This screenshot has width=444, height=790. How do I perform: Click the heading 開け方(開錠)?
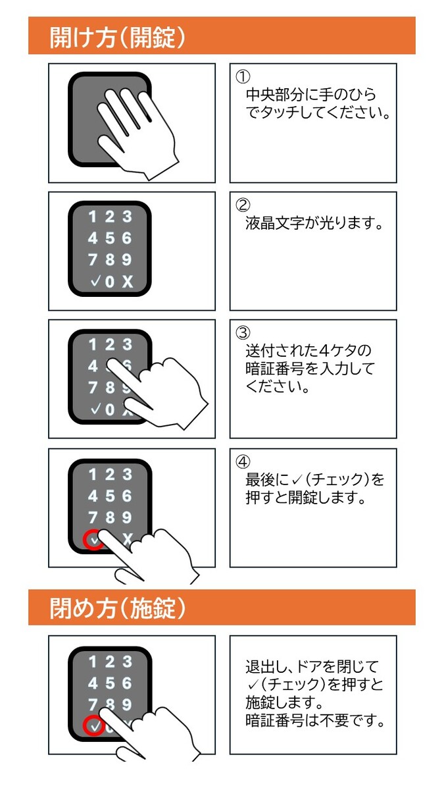pos(117,38)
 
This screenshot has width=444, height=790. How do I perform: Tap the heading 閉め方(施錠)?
pos(117,608)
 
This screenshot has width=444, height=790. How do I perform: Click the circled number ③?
pos(242,333)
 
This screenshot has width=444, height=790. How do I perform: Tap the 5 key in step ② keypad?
pos(109,238)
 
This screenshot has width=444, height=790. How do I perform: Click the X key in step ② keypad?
pos(127,282)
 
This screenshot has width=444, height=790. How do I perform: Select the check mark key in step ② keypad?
pos(94,282)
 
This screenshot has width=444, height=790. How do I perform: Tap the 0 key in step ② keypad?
pos(110,282)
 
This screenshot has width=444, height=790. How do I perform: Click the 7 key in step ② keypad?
pos(93,259)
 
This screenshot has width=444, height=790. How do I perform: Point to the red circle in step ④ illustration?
pos(93,540)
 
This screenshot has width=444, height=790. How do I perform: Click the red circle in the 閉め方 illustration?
pos(93,727)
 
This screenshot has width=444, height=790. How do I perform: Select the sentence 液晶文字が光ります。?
pos(314,224)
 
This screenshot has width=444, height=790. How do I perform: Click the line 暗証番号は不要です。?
pos(314,721)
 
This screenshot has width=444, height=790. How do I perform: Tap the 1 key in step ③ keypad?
pos(93,344)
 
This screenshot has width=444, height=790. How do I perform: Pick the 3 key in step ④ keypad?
pos(126,474)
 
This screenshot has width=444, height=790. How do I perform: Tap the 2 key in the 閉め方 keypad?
pos(109,662)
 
